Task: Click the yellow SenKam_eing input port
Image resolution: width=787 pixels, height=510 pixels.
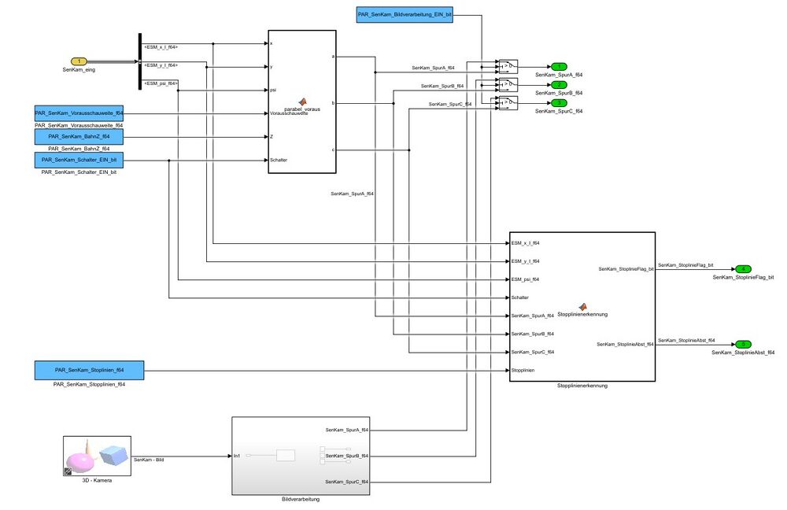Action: [x=79, y=61]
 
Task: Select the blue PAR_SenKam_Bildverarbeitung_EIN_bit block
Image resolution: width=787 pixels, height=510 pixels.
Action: [x=405, y=14]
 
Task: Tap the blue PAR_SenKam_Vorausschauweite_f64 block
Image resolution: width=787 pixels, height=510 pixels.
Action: [x=79, y=113]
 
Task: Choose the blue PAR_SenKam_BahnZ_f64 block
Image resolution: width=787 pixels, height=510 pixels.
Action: [x=79, y=136]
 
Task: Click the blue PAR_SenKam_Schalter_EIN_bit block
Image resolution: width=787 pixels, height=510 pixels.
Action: [x=79, y=160]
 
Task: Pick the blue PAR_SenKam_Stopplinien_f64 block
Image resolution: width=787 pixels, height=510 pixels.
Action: [x=89, y=370]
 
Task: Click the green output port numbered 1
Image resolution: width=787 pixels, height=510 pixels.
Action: [x=557, y=66]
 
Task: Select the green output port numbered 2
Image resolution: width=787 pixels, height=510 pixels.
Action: [x=557, y=84]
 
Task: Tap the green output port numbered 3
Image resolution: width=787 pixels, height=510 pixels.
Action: [x=557, y=103]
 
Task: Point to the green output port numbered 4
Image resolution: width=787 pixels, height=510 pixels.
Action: [x=743, y=269]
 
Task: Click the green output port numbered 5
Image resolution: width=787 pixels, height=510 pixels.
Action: [x=743, y=344]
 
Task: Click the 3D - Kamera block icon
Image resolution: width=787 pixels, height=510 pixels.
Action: [x=97, y=456]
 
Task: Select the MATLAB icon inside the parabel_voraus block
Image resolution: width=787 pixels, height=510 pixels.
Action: [x=302, y=102]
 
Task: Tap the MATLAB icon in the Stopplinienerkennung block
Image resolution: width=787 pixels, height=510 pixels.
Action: [x=582, y=306]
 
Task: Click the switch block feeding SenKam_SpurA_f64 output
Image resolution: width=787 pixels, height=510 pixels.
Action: [x=508, y=66]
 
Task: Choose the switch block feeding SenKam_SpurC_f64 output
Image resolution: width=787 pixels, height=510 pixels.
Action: [x=508, y=103]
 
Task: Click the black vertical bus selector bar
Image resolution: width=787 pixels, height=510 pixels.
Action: [x=139, y=61]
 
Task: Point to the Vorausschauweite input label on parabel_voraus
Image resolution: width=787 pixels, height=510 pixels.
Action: [x=289, y=113]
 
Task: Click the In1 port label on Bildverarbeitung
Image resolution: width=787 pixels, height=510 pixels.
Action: [x=238, y=456]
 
